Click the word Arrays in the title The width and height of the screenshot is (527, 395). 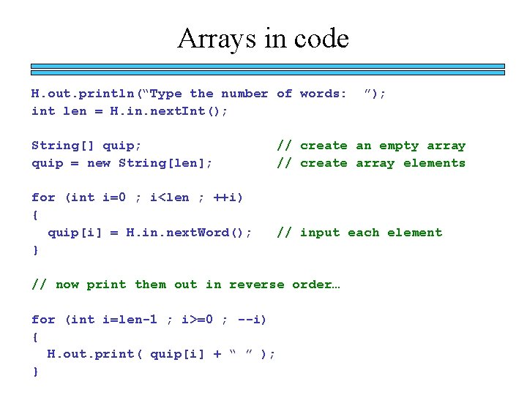pos(217,38)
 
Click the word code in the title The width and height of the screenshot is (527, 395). pos(318,38)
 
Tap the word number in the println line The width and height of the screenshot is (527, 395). pos(244,94)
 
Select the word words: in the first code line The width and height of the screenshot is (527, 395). pos(323,94)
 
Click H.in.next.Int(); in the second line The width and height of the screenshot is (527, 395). pos(168,111)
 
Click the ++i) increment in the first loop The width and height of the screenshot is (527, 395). pos(228,197)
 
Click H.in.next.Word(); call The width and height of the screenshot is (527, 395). pos(189,233)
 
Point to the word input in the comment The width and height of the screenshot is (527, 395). pos(320,233)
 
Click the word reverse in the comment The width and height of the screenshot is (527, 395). pos(257,285)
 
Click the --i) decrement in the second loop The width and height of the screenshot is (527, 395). pos(251,320)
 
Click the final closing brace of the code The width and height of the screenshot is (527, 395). pos(35,372)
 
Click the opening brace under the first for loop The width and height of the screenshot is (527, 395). pos(35,215)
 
